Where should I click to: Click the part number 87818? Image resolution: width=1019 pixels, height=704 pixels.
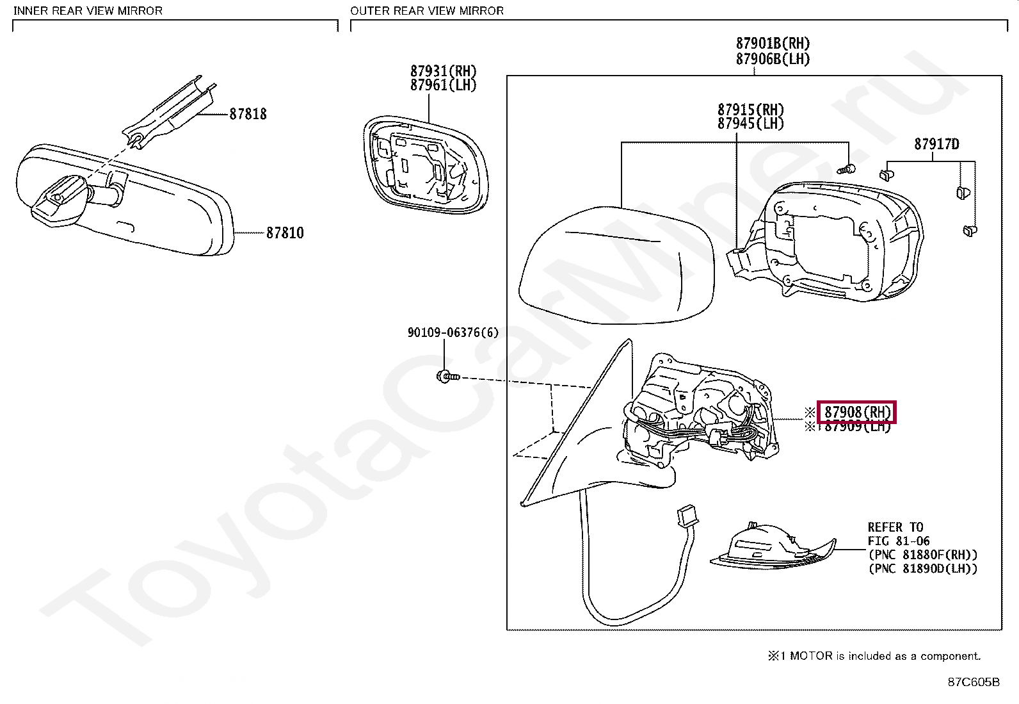click(x=248, y=114)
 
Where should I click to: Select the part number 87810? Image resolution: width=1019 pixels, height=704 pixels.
click(x=285, y=233)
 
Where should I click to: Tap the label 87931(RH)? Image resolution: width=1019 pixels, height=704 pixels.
click(x=444, y=71)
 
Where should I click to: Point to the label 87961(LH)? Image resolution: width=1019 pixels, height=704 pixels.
click(x=444, y=85)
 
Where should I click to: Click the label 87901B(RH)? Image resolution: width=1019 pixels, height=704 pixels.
click(x=773, y=44)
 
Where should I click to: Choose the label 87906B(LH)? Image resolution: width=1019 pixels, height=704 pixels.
click(x=773, y=59)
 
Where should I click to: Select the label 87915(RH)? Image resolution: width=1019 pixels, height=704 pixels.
click(x=751, y=110)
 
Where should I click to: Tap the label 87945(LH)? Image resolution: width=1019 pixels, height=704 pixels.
click(x=751, y=124)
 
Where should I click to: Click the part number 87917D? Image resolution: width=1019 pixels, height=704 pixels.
click(x=936, y=144)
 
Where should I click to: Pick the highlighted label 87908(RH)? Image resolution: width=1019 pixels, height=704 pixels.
click(x=857, y=413)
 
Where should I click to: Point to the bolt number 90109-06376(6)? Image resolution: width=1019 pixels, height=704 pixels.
click(x=453, y=332)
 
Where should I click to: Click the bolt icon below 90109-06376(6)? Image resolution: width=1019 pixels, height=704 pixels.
click(x=447, y=376)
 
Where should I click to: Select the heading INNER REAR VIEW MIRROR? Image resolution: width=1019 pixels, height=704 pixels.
click(x=88, y=11)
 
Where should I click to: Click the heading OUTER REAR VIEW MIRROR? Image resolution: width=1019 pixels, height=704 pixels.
click(x=427, y=11)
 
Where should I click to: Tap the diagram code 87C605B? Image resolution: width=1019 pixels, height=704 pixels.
click(x=974, y=682)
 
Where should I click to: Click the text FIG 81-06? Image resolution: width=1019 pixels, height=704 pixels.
click(x=899, y=541)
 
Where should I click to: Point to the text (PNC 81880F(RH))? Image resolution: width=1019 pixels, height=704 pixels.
click(x=922, y=555)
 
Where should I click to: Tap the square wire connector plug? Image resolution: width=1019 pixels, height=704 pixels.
click(x=687, y=515)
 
